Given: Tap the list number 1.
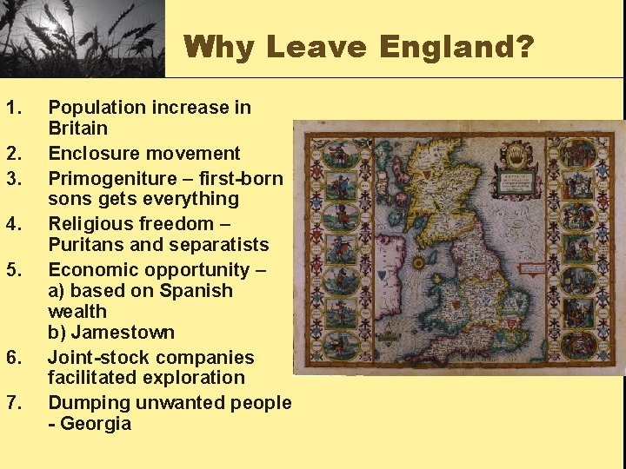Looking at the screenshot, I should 12,108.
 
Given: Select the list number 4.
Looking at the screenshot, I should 12,224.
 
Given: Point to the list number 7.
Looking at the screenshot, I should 12,403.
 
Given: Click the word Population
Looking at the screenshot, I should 97,108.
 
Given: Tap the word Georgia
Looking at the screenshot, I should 95,424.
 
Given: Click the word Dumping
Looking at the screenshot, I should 87,403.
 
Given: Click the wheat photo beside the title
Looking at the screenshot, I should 82,38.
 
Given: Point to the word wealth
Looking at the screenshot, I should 77,312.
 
